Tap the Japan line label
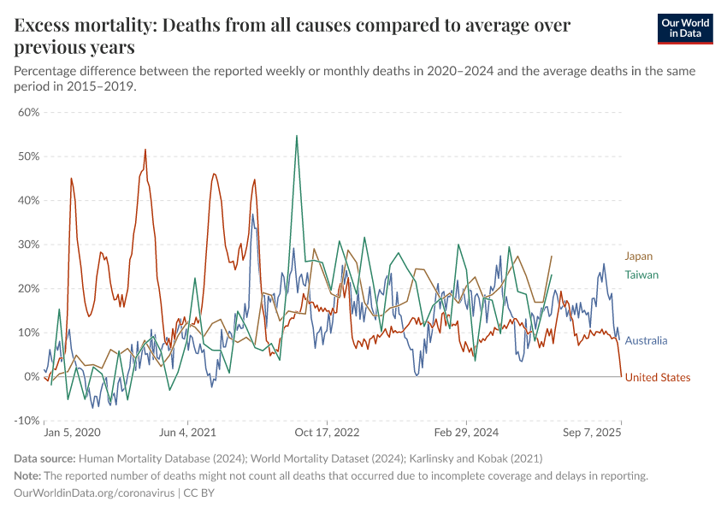tap(638, 256)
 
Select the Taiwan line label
tap(641, 274)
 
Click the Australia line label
tap(646, 340)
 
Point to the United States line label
tap(657, 377)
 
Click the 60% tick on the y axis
tap(28, 112)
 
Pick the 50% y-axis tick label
tap(28, 156)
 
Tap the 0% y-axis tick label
tap(32, 376)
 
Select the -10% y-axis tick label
tap(28, 421)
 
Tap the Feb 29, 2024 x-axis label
tap(466, 433)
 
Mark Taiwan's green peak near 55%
tap(297, 136)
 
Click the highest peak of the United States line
tap(145, 150)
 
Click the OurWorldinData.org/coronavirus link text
tap(94, 493)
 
